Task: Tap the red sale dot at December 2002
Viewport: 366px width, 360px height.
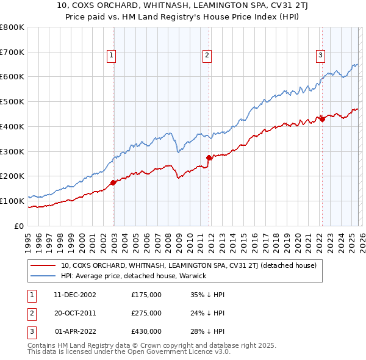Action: [113, 182]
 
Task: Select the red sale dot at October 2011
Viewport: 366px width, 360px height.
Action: [209, 157]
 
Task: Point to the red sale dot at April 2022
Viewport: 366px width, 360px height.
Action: [322, 118]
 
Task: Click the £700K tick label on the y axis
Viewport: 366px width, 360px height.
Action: [12, 52]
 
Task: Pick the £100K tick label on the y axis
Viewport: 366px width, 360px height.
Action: [12, 201]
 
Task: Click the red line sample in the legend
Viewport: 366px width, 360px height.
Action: [43, 265]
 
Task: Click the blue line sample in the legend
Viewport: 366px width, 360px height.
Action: [43, 276]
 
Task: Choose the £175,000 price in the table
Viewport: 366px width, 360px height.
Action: [146, 295]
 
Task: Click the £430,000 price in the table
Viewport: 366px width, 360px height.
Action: [146, 331]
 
